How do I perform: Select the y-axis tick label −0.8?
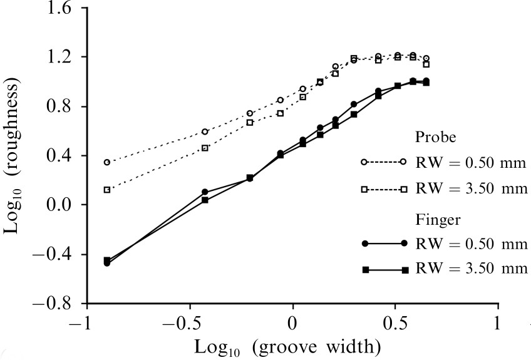click(x=54, y=304)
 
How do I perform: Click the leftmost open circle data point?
click(x=107, y=162)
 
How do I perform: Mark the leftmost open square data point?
click(x=107, y=190)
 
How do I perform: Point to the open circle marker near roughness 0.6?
click(x=205, y=131)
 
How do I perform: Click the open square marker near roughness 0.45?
click(x=205, y=148)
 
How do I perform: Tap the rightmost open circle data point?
click(x=426, y=58)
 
